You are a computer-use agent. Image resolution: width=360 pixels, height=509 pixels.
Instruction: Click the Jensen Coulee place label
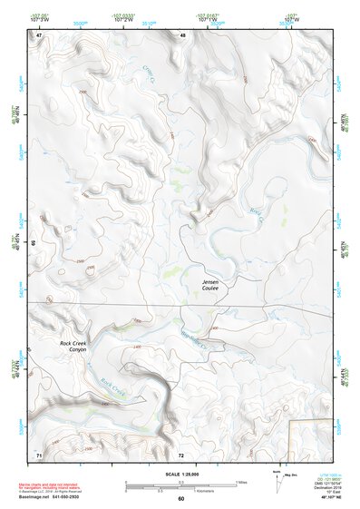[214, 286]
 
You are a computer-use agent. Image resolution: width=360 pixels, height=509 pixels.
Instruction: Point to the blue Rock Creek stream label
[111, 387]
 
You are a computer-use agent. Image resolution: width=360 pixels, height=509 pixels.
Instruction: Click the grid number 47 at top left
[39, 34]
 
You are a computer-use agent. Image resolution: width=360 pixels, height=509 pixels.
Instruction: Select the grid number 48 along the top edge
[182, 34]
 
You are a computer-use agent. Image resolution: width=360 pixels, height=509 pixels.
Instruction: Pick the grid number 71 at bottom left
[39, 454]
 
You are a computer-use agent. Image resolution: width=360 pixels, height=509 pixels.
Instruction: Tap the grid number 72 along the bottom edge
[181, 454]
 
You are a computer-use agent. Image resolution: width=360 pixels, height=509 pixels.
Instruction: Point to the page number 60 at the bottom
[181, 499]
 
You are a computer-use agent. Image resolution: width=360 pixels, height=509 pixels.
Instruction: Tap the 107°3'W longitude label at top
[40, 18]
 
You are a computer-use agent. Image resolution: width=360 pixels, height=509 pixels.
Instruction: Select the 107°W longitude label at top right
[290, 18]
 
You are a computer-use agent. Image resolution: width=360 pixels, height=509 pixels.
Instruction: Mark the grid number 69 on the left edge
[33, 243]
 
